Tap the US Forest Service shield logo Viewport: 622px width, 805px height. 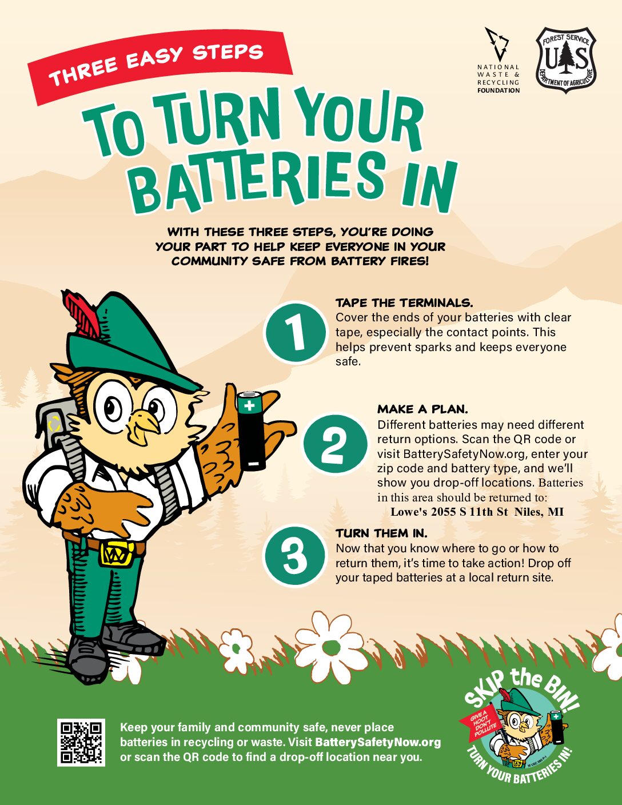click(566, 60)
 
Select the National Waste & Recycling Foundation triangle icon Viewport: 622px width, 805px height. click(498, 43)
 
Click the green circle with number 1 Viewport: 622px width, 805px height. click(295, 332)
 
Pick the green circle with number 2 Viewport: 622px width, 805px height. click(335, 444)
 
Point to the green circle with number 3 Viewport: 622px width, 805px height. click(294, 555)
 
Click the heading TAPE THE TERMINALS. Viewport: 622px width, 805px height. click(404, 303)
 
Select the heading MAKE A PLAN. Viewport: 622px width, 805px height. click(422, 409)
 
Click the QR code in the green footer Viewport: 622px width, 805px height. click(81, 742)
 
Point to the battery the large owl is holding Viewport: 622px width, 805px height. click(252, 431)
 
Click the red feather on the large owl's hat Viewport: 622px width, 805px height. click(82, 313)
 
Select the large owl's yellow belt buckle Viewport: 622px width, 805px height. click(115, 553)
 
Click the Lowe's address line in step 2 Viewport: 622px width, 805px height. click(477, 512)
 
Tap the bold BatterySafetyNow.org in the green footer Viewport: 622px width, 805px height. click(378, 742)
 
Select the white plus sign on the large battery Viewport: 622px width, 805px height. click(249, 405)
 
